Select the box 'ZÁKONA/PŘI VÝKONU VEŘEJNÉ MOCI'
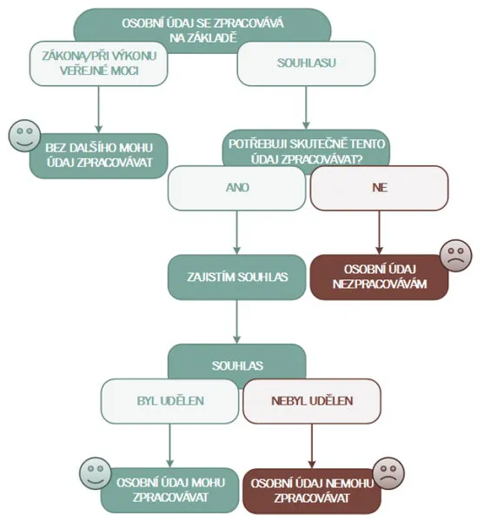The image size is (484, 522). (98, 64)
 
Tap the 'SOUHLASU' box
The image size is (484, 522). (306, 64)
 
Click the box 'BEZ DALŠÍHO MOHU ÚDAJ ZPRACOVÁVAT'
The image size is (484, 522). (99, 156)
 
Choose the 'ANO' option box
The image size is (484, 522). (236, 188)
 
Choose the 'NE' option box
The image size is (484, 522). (379, 188)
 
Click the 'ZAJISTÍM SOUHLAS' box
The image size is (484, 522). (236, 278)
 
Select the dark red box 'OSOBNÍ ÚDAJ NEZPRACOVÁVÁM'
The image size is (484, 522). (379, 278)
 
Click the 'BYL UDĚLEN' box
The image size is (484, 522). (169, 401)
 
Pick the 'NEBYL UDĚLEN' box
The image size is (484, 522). (312, 401)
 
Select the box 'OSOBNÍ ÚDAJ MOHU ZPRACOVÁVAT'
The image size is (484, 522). (169, 491)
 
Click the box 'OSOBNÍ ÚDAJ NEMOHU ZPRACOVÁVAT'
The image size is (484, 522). (312, 491)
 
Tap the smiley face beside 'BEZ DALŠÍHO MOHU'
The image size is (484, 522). (24, 136)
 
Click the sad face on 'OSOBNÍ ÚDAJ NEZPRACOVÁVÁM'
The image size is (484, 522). (455, 255)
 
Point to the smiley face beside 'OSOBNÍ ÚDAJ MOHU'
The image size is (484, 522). (96, 473)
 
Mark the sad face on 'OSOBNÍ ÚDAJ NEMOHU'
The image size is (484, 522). (388, 473)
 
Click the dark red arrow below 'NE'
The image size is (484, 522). (379, 232)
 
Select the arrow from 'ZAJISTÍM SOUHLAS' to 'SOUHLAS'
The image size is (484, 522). (236, 322)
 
